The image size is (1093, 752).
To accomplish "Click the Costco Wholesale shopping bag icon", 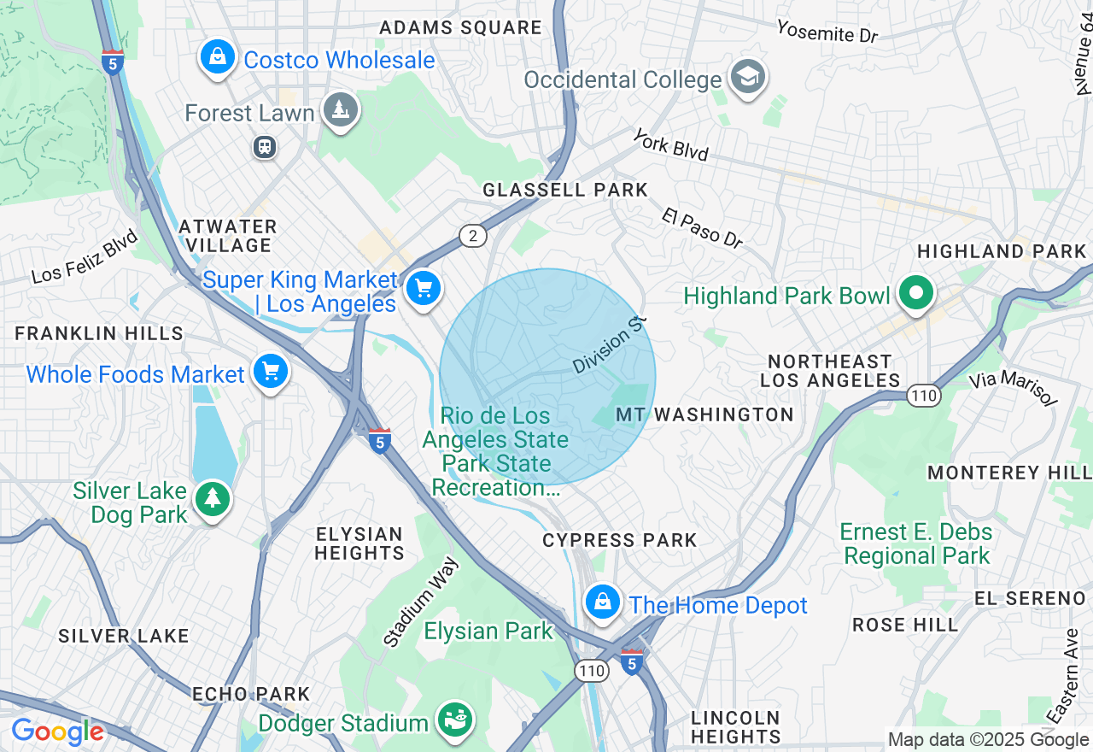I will (218, 58).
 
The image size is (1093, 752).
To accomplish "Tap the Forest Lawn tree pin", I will (341, 110).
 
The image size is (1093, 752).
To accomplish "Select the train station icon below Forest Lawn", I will (265, 147).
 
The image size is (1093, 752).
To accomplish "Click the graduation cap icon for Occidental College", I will (748, 78).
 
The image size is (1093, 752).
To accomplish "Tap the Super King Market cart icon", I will (423, 288).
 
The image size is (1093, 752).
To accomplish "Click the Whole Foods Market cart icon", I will (271, 372).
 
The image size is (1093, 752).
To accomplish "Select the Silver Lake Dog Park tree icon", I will (212, 498).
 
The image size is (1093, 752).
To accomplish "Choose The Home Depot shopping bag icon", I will (603, 602).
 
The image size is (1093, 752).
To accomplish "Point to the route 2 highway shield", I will (473, 236).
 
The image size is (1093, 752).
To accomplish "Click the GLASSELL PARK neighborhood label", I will (565, 190).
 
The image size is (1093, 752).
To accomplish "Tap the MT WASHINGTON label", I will (704, 414).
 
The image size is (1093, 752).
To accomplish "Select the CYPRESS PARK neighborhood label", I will (620, 540).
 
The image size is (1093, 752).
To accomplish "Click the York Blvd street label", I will (671, 144).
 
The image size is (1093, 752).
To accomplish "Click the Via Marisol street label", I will (1013, 388).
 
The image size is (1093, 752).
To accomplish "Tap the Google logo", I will (57, 732).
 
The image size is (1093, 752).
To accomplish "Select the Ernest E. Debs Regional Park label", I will (916, 543).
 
